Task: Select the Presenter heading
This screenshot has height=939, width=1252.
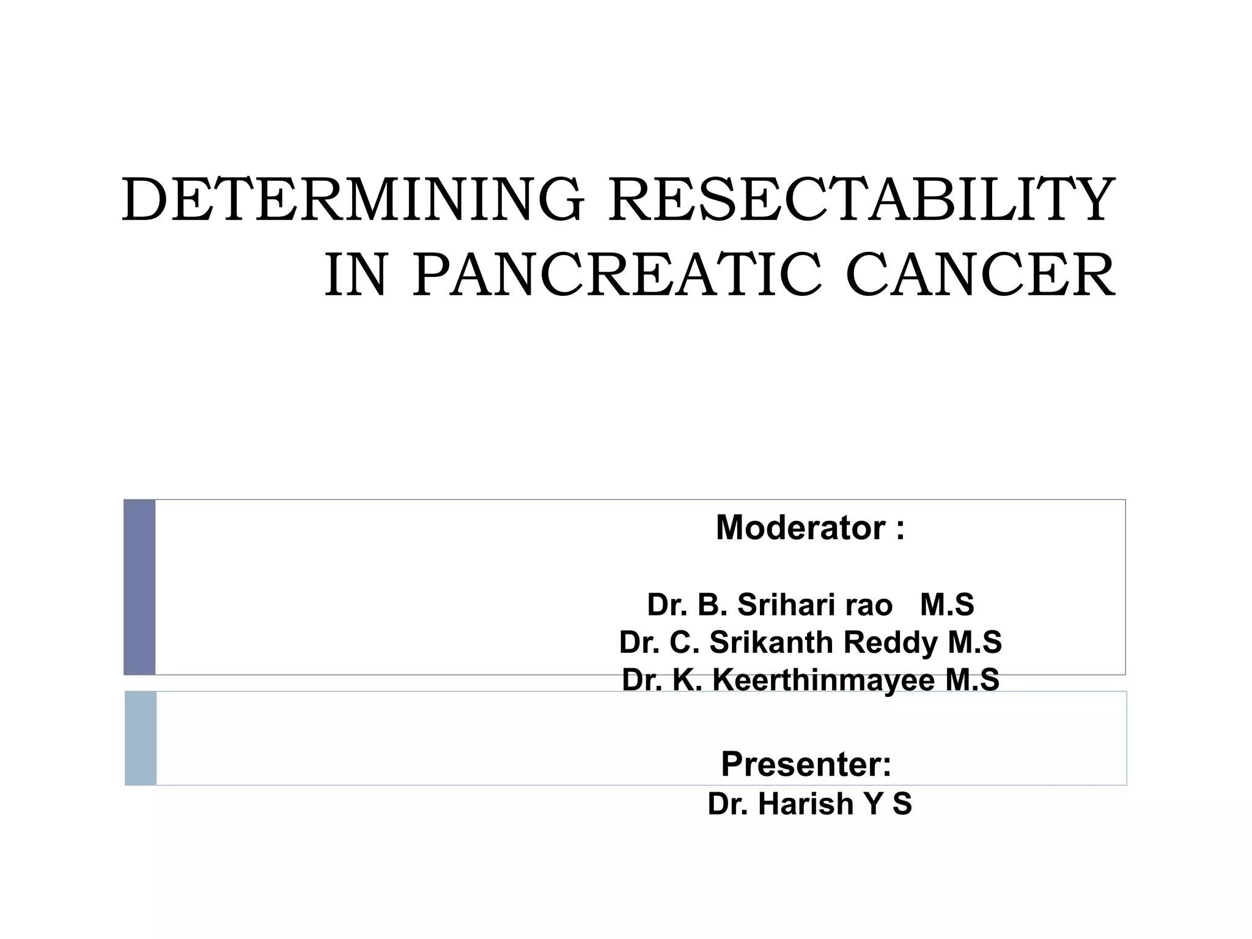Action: click(806, 764)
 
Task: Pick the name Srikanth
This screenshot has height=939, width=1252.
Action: click(771, 643)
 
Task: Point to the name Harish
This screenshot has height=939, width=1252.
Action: click(806, 804)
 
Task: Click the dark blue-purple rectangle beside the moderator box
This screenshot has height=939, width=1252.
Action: click(139, 587)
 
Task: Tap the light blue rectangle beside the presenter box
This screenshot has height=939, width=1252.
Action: click(141, 738)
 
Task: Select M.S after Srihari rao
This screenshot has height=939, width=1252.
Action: click(946, 605)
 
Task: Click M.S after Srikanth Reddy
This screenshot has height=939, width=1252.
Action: click(974, 643)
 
